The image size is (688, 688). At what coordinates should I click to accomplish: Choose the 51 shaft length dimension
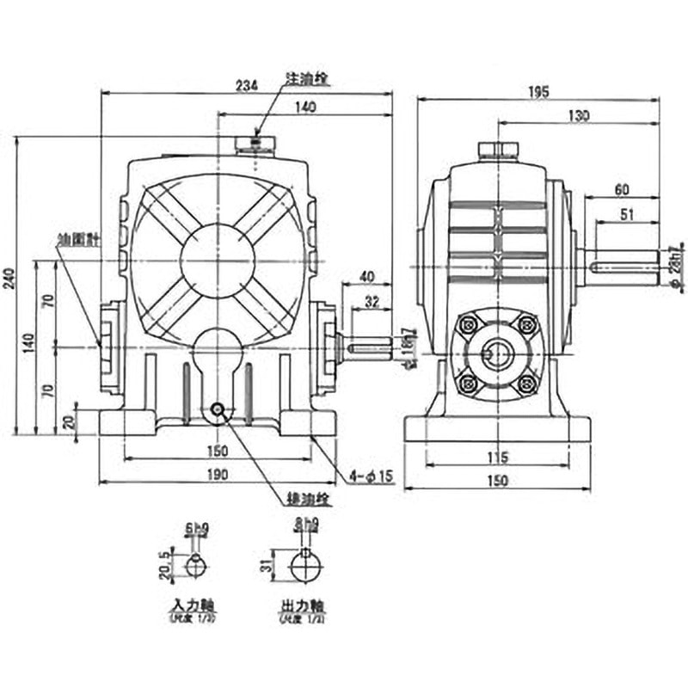point(628,215)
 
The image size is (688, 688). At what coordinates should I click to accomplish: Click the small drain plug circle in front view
point(218,409)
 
